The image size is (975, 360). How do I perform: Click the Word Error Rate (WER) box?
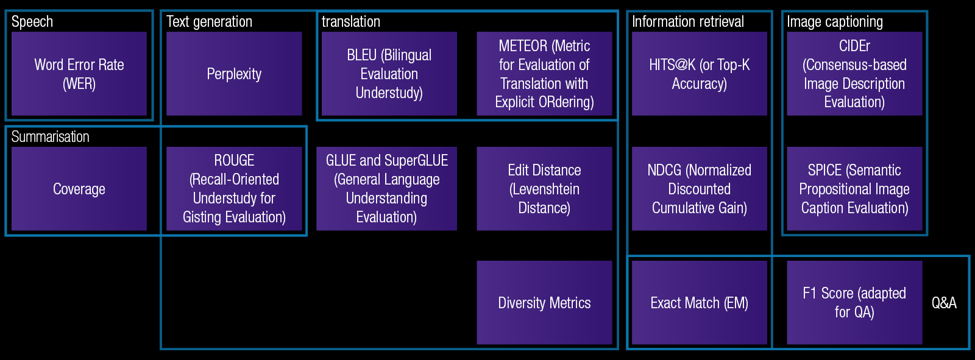[79, 74]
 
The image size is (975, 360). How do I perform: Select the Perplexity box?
[234, 74]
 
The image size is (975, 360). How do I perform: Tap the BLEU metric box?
[389, 74]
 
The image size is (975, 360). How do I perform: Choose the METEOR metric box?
[545, 74]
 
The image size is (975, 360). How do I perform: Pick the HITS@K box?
[700, 74]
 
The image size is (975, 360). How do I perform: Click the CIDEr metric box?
[854, 74]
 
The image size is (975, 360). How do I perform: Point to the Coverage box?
[79, 188]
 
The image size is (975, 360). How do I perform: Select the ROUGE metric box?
[234, 188]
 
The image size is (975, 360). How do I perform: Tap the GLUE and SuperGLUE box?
[386, 188]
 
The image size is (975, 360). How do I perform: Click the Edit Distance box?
[545, 188]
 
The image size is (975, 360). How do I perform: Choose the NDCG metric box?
[700, 188]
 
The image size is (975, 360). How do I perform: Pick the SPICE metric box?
[854, 188]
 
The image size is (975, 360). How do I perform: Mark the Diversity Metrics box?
[545, 303]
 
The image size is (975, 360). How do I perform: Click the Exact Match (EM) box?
[700, 303]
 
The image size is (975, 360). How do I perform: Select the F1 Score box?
[854, 303]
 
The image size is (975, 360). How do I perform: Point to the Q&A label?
[944, 303]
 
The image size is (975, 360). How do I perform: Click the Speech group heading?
[32, 22]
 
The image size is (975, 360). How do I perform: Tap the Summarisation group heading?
[50, 136]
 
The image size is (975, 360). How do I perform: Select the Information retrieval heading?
[688, 21]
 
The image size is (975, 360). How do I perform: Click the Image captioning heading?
[835, 22]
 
